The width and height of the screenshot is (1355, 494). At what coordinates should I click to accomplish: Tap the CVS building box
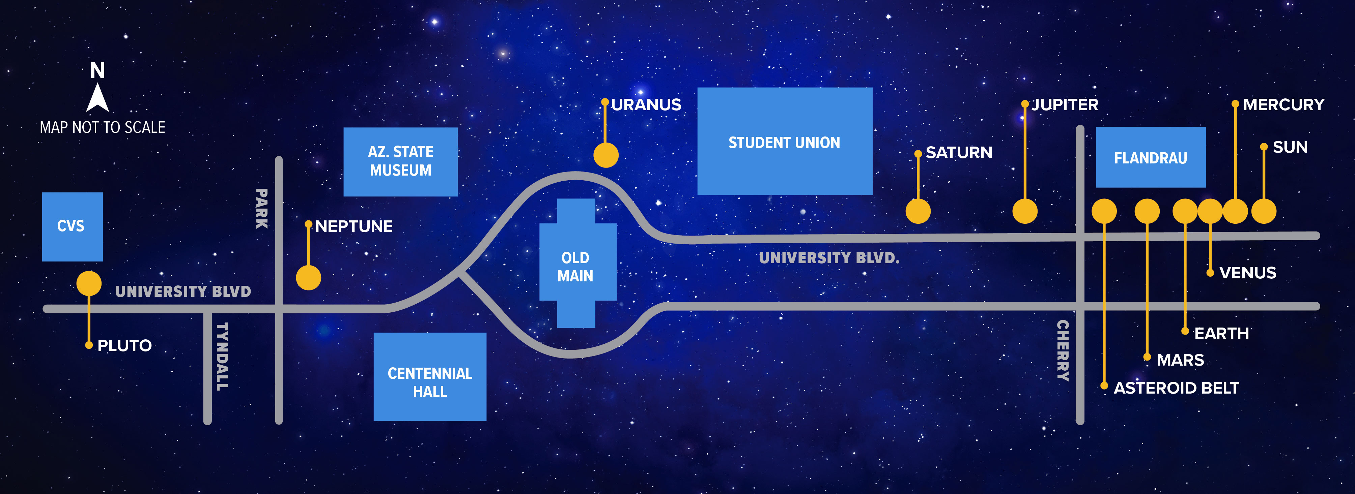pos(72,226)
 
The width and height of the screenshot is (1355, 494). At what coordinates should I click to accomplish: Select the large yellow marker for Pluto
pos(89,283)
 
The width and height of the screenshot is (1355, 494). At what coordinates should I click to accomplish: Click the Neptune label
pos(354,226)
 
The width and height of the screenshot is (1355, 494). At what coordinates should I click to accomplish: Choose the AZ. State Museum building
pos(400,162)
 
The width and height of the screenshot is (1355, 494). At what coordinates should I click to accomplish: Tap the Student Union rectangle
pos(784,142)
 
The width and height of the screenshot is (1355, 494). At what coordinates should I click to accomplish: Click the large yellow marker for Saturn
pos(918,211)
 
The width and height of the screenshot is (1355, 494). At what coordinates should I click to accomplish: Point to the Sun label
pos(1290,147)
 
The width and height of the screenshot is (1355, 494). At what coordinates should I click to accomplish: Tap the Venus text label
pos(1247,273)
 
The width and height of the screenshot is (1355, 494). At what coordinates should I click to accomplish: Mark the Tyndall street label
pos(223,356)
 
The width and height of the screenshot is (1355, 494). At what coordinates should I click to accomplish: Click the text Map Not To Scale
pos(103,127)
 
